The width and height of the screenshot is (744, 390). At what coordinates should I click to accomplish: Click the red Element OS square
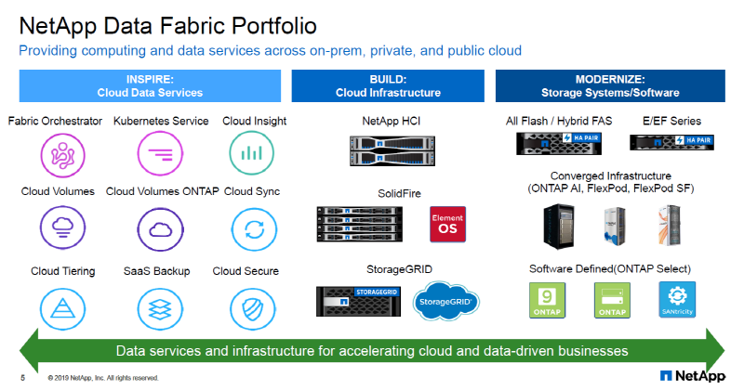[446, 224]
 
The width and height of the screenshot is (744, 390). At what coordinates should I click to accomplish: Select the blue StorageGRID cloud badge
[447, 303]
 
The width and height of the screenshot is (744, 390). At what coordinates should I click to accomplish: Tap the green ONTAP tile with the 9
[548, 300]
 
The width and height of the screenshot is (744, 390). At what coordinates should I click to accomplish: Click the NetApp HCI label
[392, 121]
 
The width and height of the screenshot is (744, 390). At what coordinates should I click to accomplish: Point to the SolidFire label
[392, 191]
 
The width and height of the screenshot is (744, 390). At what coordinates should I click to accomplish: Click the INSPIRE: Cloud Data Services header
[150, 85]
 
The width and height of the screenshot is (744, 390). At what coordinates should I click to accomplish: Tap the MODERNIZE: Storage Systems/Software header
[610, 85]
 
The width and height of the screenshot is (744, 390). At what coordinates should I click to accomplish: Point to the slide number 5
[22, 378]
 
